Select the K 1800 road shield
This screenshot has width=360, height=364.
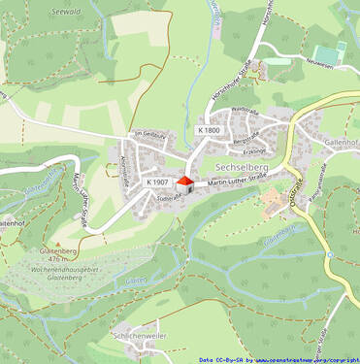coord(209,130)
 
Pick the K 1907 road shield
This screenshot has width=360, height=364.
coord(158,182)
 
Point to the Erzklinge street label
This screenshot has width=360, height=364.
coord(254,152)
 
